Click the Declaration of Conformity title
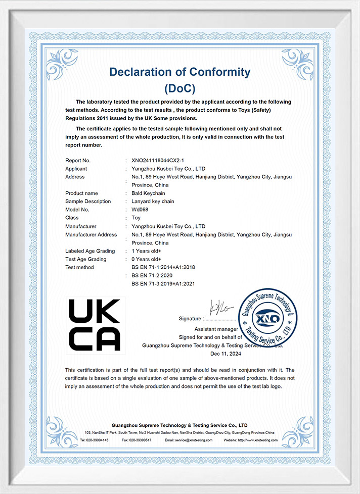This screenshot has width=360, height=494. (180, 72)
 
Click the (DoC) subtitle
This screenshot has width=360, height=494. (180, 88)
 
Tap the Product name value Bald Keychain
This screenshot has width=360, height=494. (148, 193)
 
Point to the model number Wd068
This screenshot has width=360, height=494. (140, 210)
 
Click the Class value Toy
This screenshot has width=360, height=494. (136, 218)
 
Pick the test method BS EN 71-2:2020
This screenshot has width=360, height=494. (152, 276)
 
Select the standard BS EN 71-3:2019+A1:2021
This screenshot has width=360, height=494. (163, 284)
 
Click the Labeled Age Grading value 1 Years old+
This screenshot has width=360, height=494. (147, 251)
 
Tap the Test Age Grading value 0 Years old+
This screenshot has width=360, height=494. (147, 259)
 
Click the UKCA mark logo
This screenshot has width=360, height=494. (95, 325)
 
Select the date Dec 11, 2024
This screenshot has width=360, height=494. (212, 354)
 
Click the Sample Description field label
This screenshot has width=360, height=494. (88, 202)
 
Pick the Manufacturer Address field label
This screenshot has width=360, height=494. (91, 235)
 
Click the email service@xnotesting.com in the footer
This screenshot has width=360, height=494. (193, 440)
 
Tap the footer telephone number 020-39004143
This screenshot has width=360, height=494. (98, 440)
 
